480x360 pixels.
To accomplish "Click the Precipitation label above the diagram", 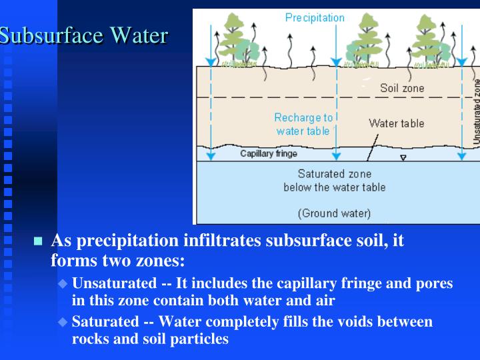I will pyautogui.click(x=315, y=18).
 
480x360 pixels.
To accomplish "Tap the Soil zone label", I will pyautogui.click(x=402, y=88).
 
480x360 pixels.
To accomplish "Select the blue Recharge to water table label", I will pyautogui.click(x=303, y=124).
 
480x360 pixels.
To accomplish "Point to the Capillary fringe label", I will pyautogui.click(x=269, y=154).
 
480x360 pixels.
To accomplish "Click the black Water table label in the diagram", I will pyautogui.click(x=396, y=123).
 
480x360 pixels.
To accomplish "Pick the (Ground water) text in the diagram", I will pyautogui.click(x=334, y=214).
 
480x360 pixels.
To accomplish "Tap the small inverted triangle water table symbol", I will pyautogui.click(x=403, y=159).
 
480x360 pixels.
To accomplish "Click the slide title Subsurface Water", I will pyautogui.click(x=83, y=35).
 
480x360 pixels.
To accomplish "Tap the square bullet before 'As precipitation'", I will pyautogui.click(x=38, y=241).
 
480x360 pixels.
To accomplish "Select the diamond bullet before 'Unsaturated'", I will pyautogui.click(x=63, y=283).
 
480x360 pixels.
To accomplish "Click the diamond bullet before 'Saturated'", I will pyautogui.click(x=63, y=322).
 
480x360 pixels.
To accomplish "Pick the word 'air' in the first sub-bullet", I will pyautogui.click(x=323, y=300).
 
